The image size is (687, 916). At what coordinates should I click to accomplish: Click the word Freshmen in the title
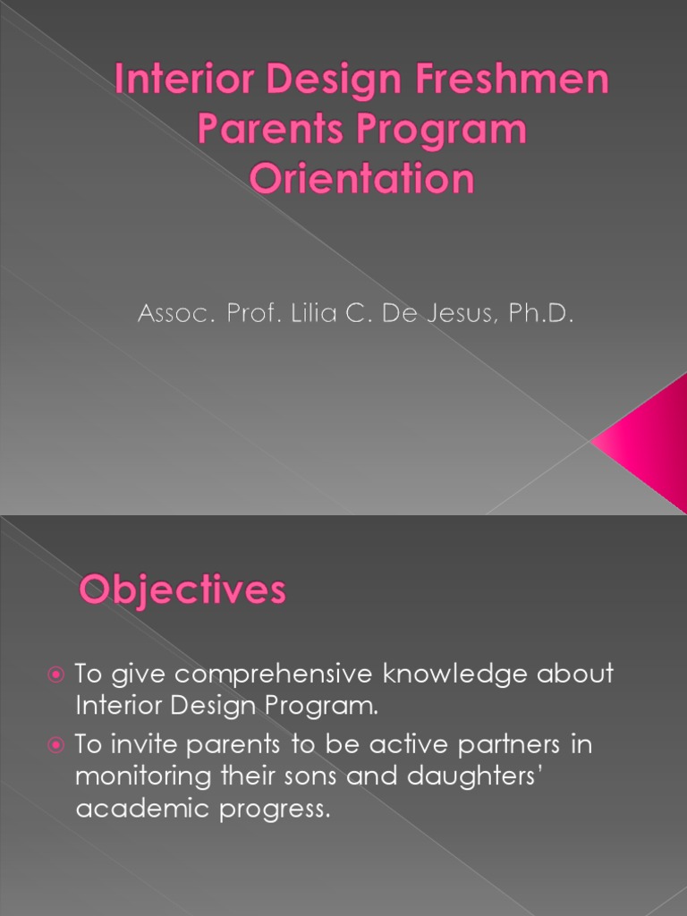512,79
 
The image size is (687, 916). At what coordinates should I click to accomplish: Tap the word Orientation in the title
361,178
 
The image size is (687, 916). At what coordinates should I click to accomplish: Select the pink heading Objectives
182,590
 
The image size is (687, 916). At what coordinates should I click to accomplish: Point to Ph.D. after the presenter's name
541,313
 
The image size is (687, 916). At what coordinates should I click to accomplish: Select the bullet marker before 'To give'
55,675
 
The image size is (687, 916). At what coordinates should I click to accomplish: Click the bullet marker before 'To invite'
55,745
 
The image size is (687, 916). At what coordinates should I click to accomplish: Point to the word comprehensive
274,674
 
